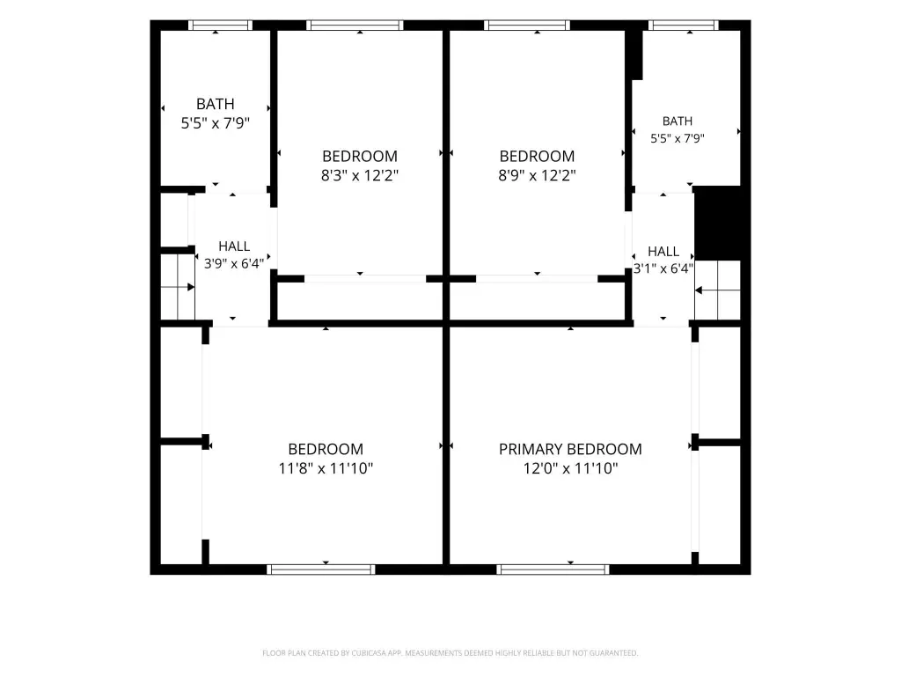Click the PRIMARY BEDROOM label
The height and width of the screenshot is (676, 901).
[x=570, y=449]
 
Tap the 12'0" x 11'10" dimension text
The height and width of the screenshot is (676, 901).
[x=570, y=468]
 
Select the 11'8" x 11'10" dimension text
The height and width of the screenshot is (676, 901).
[x=326, y=468]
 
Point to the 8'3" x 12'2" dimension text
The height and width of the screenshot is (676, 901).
[x=360, y=175]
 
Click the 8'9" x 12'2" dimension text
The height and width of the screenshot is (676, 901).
[x=537, y=175]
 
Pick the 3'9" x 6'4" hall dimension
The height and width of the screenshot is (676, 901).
[x=234, y=264]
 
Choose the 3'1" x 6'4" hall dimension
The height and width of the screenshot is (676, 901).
[x=663, y=268]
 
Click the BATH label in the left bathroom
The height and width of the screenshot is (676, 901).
[x=216, y=104]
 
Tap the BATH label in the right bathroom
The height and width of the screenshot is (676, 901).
[x=678, y=121]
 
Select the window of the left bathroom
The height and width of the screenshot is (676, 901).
[x=220, y=26]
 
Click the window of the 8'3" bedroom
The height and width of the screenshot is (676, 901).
[x=355, y=26]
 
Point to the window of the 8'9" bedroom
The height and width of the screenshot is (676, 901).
[x=527, y=26]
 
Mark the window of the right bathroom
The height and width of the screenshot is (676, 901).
[x=684, y=26]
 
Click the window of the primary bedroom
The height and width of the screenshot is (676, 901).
[x=553, y=569]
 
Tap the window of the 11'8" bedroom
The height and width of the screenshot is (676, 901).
[x=321, y=569]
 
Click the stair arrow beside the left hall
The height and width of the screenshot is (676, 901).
[x=178, y=287]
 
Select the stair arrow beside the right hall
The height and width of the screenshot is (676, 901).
[x=717, y=290]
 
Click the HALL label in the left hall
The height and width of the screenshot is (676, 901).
[x=234, y=246]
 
